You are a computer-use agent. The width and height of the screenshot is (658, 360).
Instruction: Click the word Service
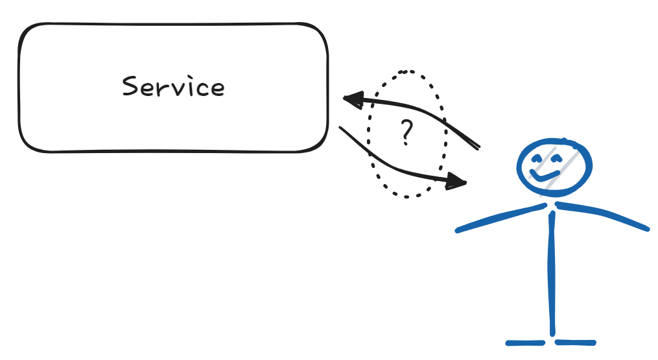[x=173, y=87]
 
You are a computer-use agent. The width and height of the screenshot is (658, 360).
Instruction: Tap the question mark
[x=406, y=132]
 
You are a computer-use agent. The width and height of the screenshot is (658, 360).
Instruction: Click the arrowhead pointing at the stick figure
[x=458, y=182]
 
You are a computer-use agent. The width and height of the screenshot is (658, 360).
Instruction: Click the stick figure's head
[x=554, y=166]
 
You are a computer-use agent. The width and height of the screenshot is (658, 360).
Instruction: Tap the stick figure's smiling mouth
[x=544, y=175]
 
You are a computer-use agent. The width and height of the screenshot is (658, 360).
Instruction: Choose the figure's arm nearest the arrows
[x=499, y=217]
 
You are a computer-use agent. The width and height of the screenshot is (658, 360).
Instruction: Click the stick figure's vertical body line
[x=552, y=272]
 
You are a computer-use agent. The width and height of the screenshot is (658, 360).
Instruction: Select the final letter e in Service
[x=217, y=90]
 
